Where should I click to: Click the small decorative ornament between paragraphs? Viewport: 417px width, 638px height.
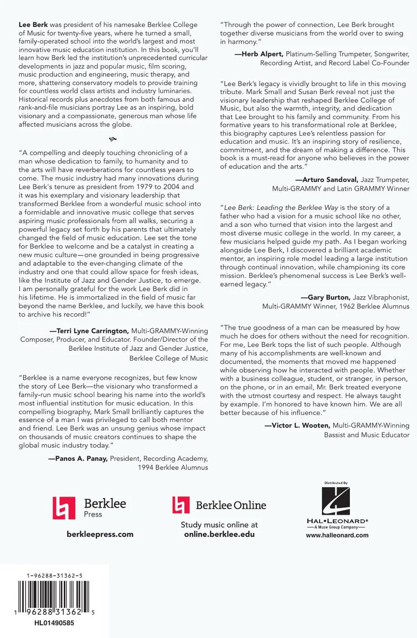(x=113, y=139)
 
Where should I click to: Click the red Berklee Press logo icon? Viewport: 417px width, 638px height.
(x=64, y=508)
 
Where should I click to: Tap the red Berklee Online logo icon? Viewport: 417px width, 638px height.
(x=181, y=505)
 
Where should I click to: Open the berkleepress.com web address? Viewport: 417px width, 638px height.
(x=100, y=534)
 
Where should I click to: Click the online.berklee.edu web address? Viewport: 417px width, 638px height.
(x=219, y=534)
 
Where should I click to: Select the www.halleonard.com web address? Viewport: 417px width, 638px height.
(x=337, y=535)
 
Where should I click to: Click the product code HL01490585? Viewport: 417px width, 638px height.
(x=54, y=623)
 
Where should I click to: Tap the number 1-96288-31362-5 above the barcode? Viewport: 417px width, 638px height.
(x=55, y=576)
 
